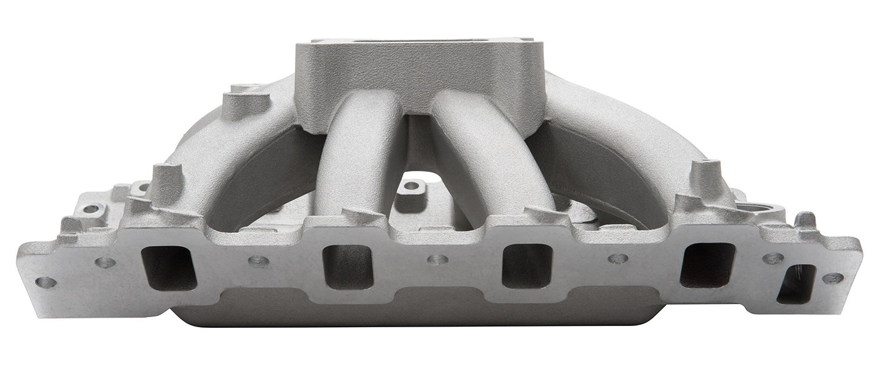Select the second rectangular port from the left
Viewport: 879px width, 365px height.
coord(348,266)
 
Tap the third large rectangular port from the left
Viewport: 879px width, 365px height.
coord(526,266)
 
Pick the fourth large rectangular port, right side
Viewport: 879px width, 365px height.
coord(707,264)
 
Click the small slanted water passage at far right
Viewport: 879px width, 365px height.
coord(796,284)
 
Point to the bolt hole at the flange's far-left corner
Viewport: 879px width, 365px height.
coord(46,282)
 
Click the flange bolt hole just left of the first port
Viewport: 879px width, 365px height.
coord(105,263)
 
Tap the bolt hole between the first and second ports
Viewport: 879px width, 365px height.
coord(258,261)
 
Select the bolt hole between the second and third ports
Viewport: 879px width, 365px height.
coord(437,260)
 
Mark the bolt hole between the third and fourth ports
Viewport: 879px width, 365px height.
coord(617,259)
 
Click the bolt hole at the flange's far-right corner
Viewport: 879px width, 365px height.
coord(833,278)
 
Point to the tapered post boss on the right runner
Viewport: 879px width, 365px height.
coord(706,177)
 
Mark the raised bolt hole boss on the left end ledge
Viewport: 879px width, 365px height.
coord(91,209)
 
